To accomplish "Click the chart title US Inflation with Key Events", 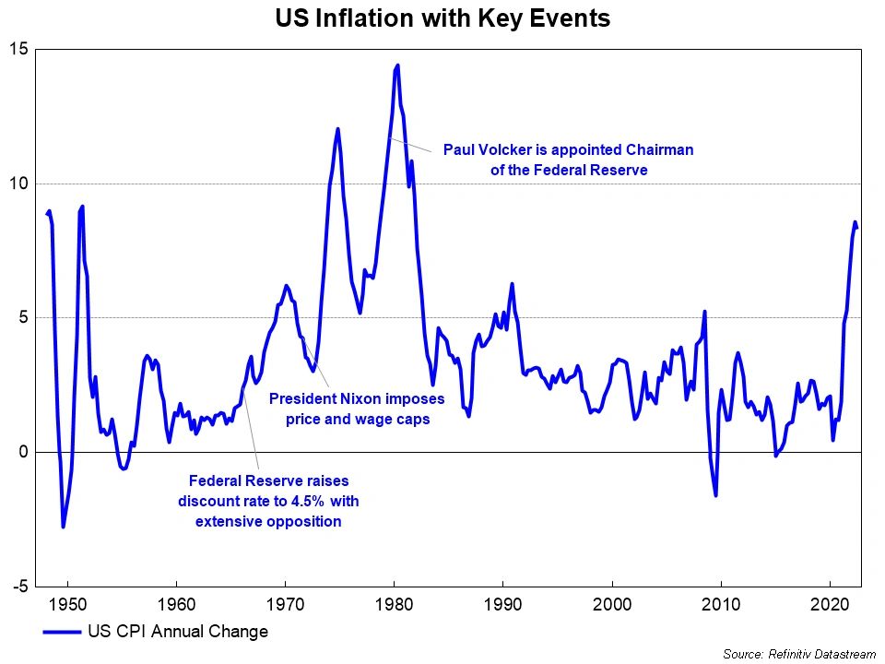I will (x=442, y=18).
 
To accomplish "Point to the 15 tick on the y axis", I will (x=19, y=49).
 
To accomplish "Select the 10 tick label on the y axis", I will (x=19, y=184).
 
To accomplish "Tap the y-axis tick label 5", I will (x=24, y=318).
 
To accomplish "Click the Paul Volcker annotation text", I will (x=568, y=160).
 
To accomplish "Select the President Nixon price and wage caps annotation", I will (x=357, y=409).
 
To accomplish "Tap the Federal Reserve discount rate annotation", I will (x=268, y=501).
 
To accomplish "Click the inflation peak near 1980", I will (x=397, y=65).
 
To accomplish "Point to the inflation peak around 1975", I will (x=337, y=129).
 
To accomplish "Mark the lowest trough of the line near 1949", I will (x=63, y=527).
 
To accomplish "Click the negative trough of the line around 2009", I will (x=715, y=496).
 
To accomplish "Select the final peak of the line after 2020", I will (x=855, y=221).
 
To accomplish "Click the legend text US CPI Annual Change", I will (x=178, y=632).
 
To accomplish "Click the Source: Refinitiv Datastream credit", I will (x=798, y=654).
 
